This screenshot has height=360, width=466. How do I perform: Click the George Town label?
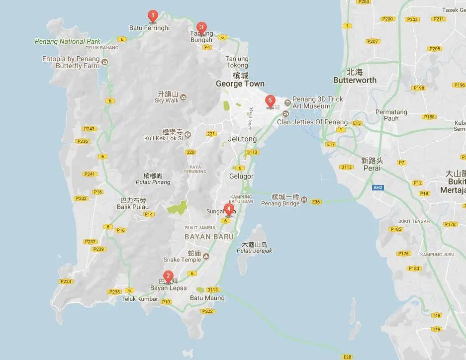click(240, 84)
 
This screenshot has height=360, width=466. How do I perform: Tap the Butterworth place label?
click(355, 80)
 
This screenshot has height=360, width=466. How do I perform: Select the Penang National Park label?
click(68, 42)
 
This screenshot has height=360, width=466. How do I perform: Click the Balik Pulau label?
click(131, 206)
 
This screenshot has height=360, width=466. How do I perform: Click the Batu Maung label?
click(207, 298)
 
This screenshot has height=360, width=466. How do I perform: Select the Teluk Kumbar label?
click(140, 299)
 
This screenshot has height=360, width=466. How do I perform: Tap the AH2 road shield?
click(378, 187)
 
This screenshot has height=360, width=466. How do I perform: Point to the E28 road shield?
click(347, 357)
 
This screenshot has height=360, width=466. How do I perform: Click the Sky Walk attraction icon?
click(183, 96)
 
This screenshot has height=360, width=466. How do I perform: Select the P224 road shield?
click(66, 281)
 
